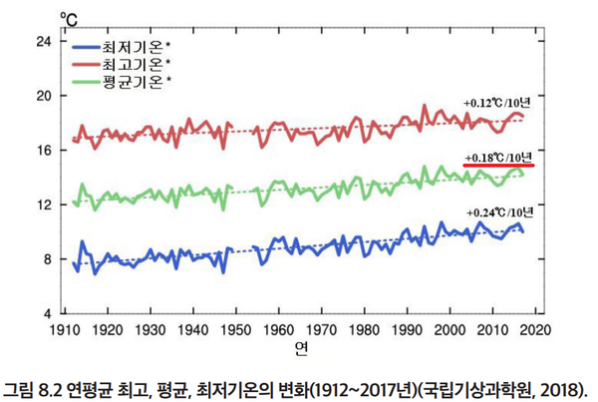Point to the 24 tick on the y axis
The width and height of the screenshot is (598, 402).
tap(43, 42)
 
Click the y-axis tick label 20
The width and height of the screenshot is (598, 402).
tap(43, 96)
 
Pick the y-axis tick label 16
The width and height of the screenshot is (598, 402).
tap(43, 151)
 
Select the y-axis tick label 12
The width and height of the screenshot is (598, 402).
tap(43, 205)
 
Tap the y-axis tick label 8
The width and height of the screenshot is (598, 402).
tap(46, 259)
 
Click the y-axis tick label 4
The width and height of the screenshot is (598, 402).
tap(46, 314)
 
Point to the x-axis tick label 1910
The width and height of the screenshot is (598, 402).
tap(65, 329)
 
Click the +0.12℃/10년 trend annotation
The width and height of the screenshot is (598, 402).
tap(498, 103)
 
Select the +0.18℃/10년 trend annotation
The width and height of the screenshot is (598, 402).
tap(498, 157)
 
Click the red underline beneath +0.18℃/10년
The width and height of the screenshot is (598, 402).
tap(498, 165)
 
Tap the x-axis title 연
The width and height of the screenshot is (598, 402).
tap(300, 348)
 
